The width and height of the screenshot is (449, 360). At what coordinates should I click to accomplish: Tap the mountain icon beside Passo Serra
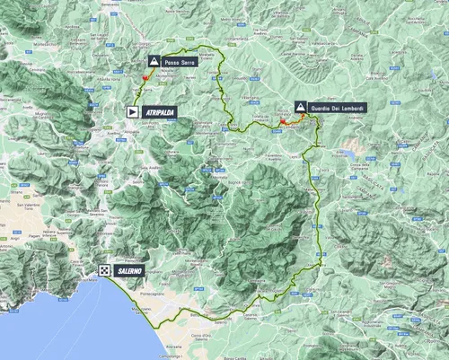154,61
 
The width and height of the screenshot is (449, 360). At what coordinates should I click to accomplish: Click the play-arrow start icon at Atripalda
133,111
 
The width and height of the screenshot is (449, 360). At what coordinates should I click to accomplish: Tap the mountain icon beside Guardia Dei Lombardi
300,106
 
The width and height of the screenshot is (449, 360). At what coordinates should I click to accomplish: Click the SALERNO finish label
129,270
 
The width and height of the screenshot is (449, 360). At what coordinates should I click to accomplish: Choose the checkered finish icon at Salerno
105,270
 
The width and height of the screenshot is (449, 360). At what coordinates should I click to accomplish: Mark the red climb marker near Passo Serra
141,80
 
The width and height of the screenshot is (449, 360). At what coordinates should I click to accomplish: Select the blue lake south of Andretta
346,154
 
